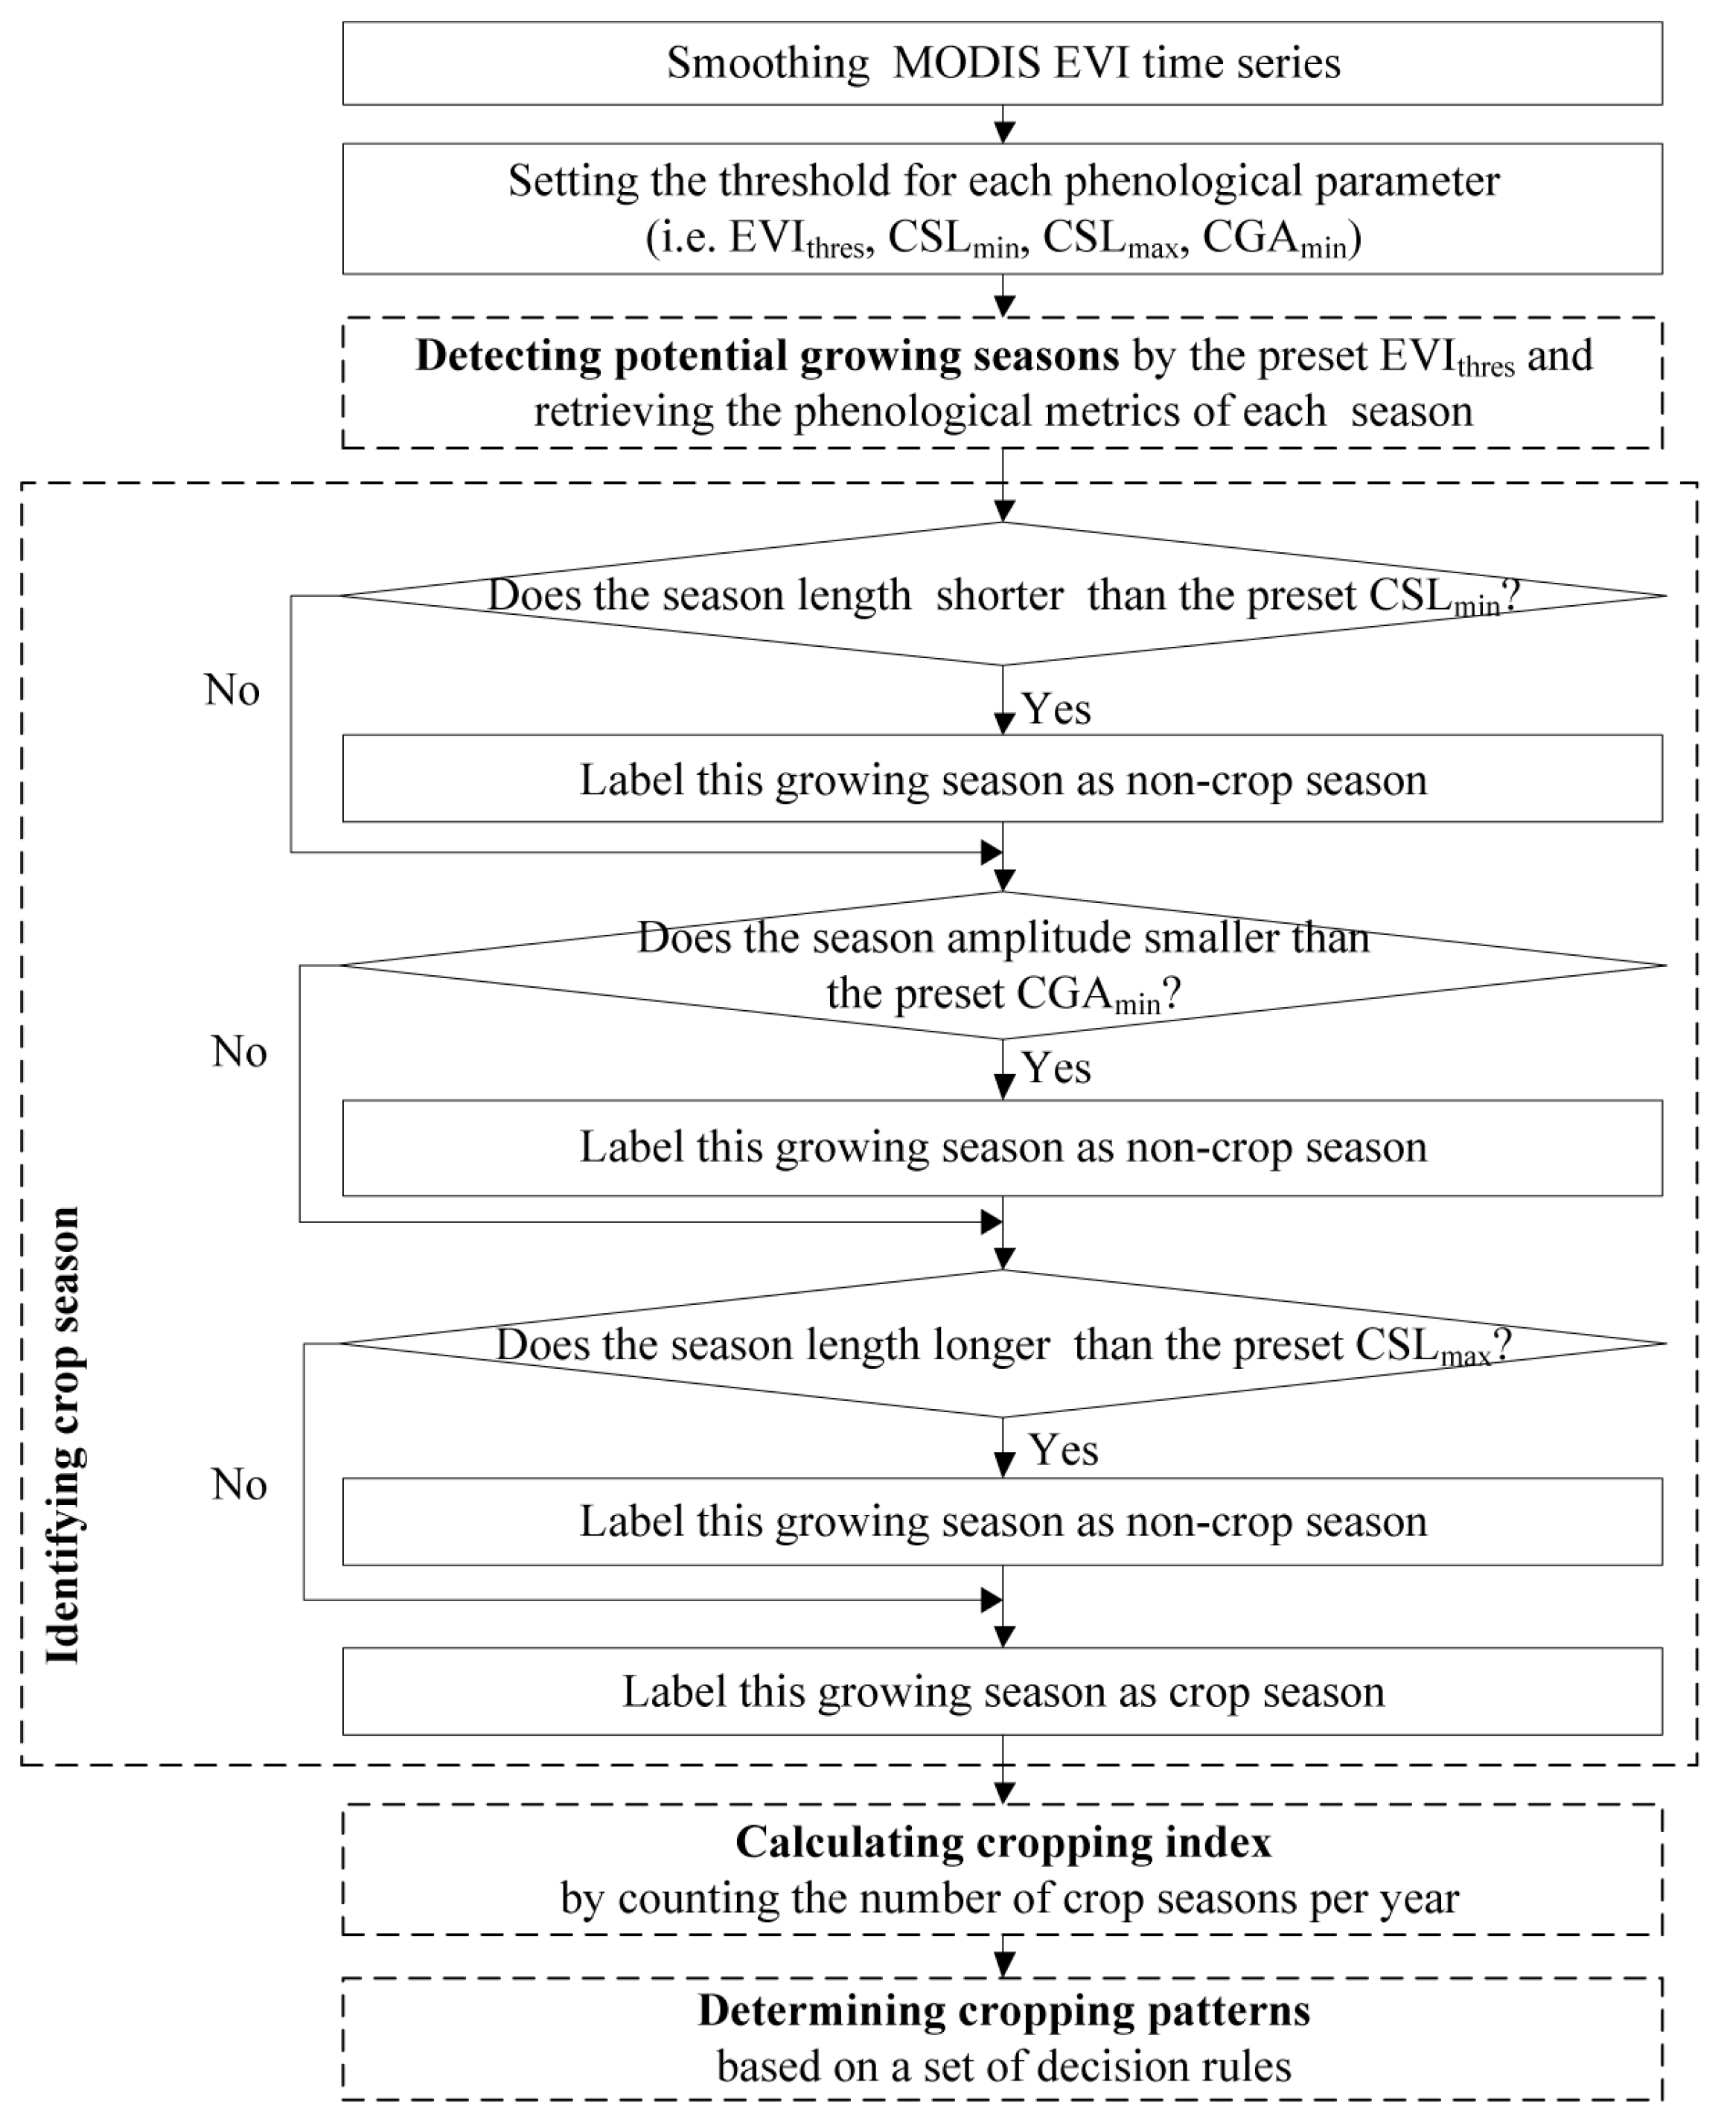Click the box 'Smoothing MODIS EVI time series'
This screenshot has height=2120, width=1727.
[1002, 63]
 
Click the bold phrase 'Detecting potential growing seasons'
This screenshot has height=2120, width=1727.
[767, 355]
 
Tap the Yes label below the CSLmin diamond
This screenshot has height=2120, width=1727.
[1056, 709]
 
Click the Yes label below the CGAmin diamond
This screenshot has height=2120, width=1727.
[1056, 1068]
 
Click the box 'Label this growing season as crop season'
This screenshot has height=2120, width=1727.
[1002, 1691]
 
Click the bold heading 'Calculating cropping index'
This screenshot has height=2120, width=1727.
[1002, 1842]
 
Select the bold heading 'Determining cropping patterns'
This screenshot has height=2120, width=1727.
[1002, 2010]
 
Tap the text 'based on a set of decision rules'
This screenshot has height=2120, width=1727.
[1002, 2066]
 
